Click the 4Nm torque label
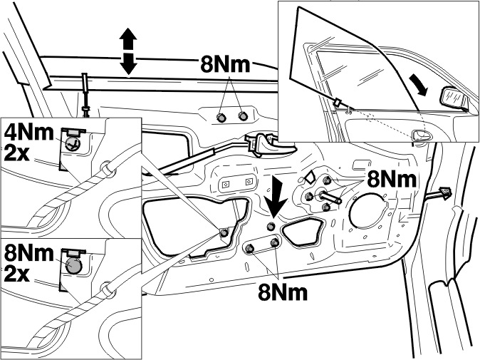pos(28,133)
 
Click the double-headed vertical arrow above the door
pos(128,51)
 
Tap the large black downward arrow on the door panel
pos(276,198)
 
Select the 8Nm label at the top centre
pos(225,64)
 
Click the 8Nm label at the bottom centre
pos(283,292)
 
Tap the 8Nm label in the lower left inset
pos(28,253)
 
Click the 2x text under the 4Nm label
pos(17,153)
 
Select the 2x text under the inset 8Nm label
pos(17,274)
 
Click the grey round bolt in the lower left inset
pos(74,264)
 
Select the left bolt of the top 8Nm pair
pos(221,117)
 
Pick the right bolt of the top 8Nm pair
pos(243,115)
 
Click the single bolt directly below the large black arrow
pos(271,227)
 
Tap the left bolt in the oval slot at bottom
pos(250,248)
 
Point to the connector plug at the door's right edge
pos(444,192)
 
